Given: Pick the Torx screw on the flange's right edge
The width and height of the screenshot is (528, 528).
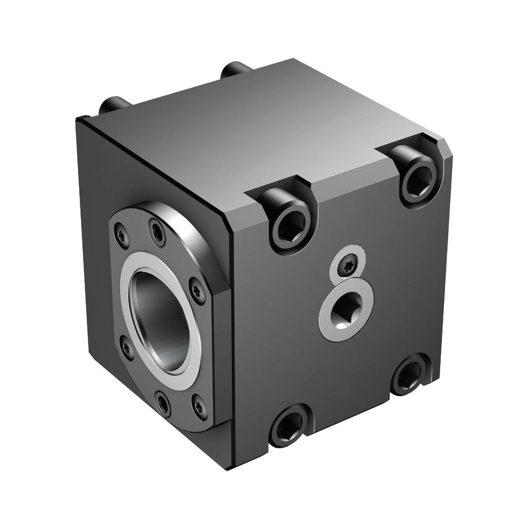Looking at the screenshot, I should [197, 289].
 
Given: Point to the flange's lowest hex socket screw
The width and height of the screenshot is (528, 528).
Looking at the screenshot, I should [162, 403].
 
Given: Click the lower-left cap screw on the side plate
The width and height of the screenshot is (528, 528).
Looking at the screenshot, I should [289, 424].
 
